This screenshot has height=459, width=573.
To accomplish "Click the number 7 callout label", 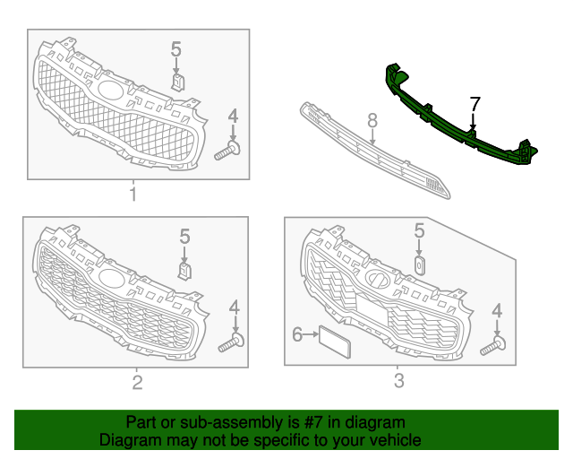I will coord(475,104).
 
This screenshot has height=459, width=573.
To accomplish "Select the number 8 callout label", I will coord(372,120).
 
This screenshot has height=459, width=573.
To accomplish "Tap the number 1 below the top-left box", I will coord(133,195).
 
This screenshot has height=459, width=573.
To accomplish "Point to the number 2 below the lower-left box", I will coord(137,383).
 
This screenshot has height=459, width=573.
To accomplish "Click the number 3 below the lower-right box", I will coord(399,381).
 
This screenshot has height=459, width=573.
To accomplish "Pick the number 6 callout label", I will coord(297,334).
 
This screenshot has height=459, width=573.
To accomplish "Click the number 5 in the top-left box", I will coord(176,49).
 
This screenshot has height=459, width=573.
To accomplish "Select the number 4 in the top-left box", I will coord(233,116).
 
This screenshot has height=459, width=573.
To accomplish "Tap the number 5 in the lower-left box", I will coord(184,237).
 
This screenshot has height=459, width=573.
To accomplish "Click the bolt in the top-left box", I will coord(228,150).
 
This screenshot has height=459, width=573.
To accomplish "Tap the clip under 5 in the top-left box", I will coord(178,82).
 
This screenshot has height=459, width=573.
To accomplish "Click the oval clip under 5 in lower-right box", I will coord(419,265).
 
